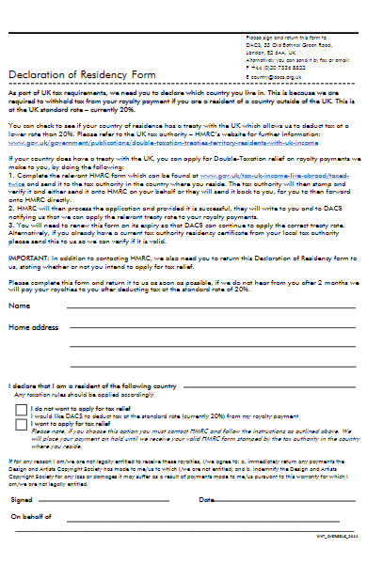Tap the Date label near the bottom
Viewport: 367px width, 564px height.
[x=206, y=499]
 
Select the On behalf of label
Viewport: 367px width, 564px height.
[x=29, y=517]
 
